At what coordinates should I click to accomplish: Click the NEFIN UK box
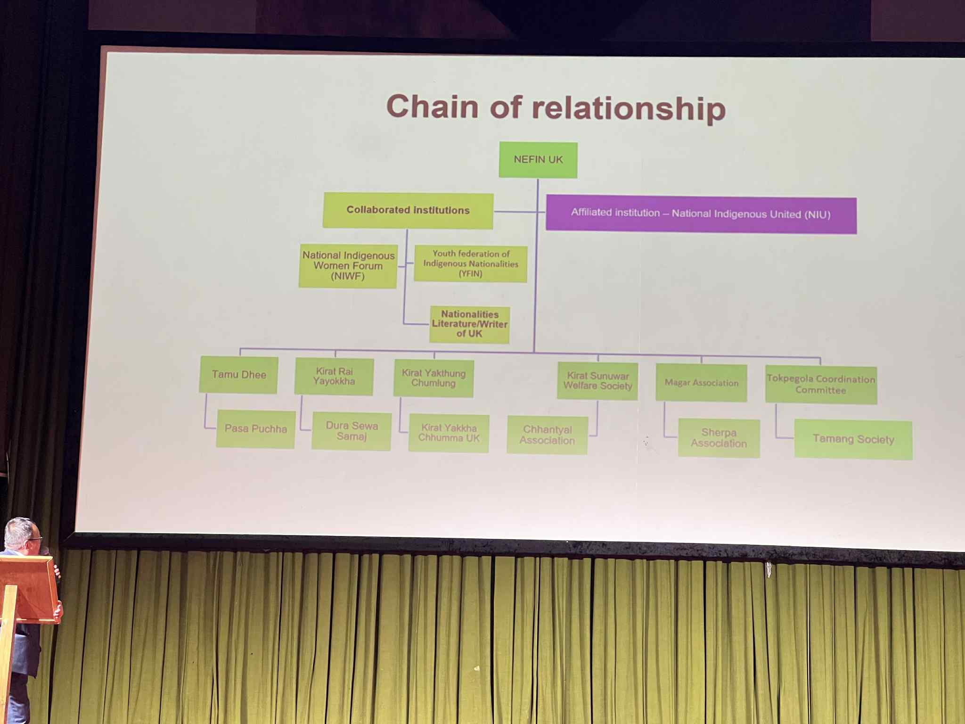538,160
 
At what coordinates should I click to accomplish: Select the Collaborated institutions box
408,211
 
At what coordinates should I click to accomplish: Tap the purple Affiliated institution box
701,214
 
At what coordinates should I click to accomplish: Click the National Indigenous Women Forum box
348,266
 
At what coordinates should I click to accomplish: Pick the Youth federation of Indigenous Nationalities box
471,264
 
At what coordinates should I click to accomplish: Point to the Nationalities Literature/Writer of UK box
469,324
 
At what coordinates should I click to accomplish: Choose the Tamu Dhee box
238,375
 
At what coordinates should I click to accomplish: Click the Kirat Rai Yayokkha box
334,377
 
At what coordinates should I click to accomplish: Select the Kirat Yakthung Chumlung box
433,378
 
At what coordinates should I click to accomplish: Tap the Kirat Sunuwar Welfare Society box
597,381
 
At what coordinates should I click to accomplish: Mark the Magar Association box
702,383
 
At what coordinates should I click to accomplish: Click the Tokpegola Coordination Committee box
821,385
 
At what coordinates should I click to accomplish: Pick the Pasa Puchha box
256,429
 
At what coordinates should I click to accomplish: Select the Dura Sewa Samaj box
352,431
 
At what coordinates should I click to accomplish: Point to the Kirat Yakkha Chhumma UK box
449,433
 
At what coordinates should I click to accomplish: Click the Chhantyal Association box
547,435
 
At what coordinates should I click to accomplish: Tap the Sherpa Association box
719,438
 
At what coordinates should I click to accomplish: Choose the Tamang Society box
853,439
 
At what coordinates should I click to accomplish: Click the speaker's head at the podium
21,536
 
